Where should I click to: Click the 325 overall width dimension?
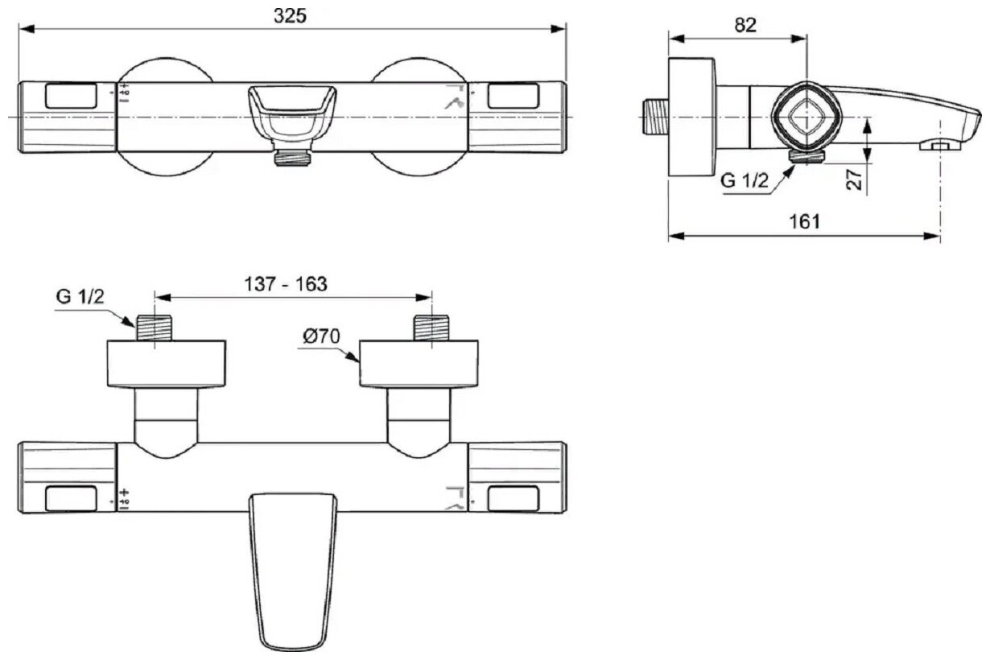(x=291, y=15)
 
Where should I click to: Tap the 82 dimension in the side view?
(x=745, y=24)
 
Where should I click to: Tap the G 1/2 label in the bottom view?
(x=80, y=296)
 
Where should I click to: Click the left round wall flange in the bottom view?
(x=167, y=363)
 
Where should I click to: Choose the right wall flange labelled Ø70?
(x=419, y=363)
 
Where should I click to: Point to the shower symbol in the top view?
(x=456, y=101)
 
